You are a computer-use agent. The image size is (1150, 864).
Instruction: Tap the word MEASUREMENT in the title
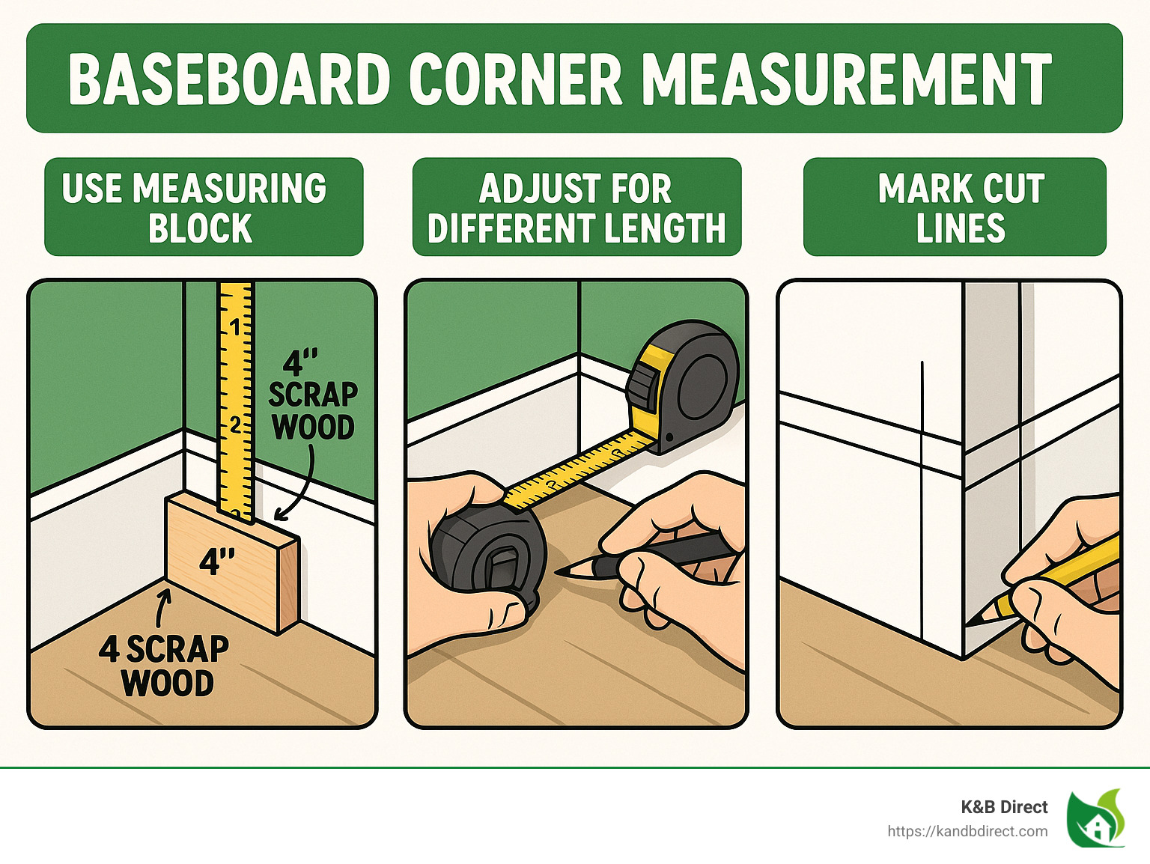[x=847, y=79]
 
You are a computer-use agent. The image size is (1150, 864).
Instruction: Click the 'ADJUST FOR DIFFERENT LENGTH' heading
[x=576, y=207]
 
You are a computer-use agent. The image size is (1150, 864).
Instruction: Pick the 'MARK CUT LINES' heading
[x=961, y=207]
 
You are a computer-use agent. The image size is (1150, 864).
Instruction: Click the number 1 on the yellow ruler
[x=236, y=327]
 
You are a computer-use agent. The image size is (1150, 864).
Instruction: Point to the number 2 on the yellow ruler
[x=236, y=425]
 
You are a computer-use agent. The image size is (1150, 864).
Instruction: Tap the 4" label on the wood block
[x=217, y=561]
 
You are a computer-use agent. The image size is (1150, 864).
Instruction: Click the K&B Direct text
[x=1004, y=807]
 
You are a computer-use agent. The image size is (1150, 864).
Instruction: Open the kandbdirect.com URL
[x=967, y=831]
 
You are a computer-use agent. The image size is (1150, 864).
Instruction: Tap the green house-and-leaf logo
[x=1096, y=818]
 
